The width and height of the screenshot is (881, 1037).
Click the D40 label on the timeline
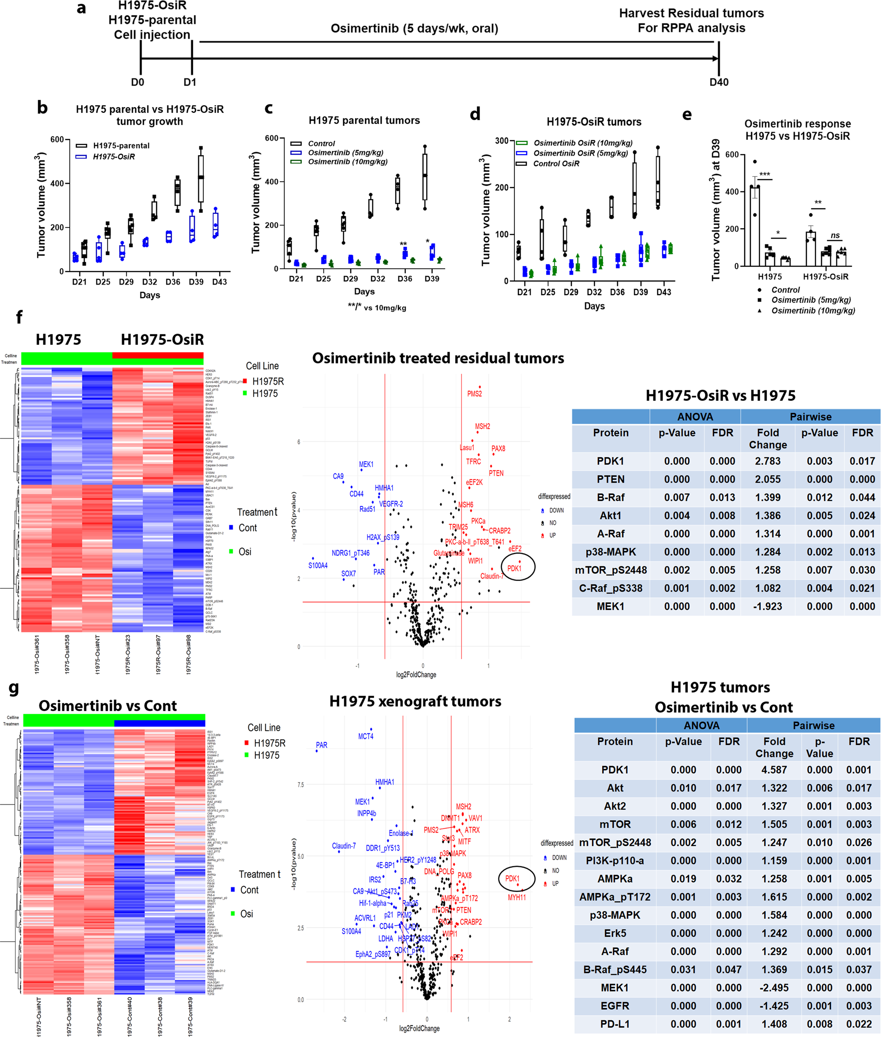click(719, 82)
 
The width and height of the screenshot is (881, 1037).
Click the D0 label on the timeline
click(137, 82)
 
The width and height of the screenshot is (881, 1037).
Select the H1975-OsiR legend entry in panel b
click(113, 157)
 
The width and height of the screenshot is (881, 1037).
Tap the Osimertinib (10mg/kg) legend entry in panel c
click(347, 162)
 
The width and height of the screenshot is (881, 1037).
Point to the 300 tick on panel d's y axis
click(502, 141)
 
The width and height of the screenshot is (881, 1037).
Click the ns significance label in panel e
click(835, 236)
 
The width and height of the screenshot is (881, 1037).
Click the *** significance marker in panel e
click(764, 174)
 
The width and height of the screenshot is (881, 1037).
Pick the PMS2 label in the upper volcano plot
click(474, 394)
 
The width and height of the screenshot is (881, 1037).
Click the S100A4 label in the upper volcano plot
click(318, 565)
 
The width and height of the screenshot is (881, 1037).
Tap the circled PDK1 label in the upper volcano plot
click(514, 568)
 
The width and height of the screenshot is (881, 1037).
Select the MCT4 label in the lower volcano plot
click(366, 737)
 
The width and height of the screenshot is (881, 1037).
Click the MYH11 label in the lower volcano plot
click(517, 897)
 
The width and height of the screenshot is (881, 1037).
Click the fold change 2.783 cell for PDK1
click(768, 461)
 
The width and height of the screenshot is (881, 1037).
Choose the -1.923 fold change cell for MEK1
click(768, 606)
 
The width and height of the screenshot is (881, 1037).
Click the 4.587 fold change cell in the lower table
click(774, 769)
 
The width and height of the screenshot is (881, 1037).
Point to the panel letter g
click(14, 688)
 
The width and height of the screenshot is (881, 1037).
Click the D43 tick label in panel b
click(219, 282)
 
